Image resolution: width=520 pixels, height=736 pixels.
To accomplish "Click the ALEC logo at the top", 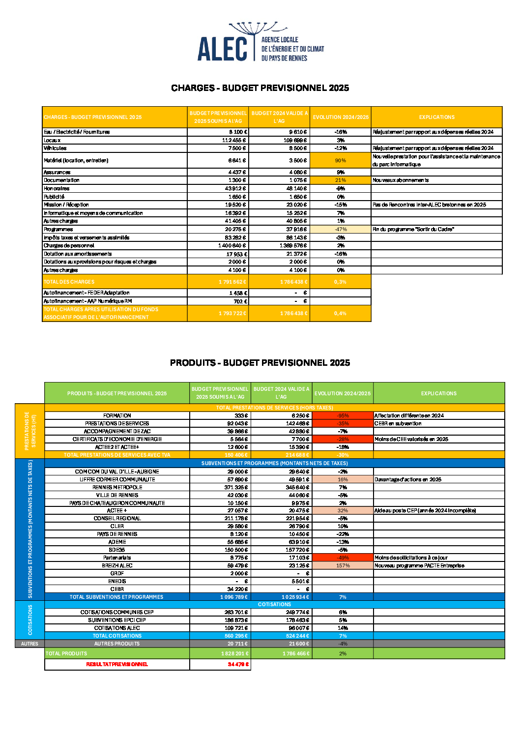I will [260, 43].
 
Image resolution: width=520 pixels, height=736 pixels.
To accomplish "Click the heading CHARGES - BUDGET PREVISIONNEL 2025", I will [260, 88].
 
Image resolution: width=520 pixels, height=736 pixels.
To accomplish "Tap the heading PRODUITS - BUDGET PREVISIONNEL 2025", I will [260, 363].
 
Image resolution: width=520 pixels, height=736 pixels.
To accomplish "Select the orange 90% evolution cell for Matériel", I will [341, 161].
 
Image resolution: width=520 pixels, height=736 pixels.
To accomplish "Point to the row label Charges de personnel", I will [69, 246].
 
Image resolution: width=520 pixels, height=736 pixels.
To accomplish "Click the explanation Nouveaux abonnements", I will [401, 180].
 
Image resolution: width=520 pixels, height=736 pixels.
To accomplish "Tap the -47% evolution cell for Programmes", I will [341, 230].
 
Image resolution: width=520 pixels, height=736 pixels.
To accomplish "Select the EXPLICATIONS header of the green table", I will [439, 393].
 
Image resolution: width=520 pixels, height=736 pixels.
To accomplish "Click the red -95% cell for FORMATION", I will [343, 416].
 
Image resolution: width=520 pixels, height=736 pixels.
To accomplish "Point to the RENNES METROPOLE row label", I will [117, 488].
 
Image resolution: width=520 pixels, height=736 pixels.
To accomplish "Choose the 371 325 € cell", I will [236, 488].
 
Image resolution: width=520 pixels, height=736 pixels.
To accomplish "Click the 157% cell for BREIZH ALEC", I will [343, 566].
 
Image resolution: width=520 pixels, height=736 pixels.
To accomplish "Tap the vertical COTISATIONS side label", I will [30, 620].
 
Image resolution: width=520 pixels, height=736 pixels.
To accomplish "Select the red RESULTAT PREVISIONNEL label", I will [117, 665].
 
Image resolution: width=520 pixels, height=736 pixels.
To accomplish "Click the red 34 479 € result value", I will [238, 665].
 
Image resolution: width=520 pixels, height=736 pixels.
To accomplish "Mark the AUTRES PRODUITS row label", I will [117, 644].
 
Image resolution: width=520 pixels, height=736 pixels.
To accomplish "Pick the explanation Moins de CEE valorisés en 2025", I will [411, 440].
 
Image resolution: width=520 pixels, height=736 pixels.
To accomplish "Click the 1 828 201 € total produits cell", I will [234, 654].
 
